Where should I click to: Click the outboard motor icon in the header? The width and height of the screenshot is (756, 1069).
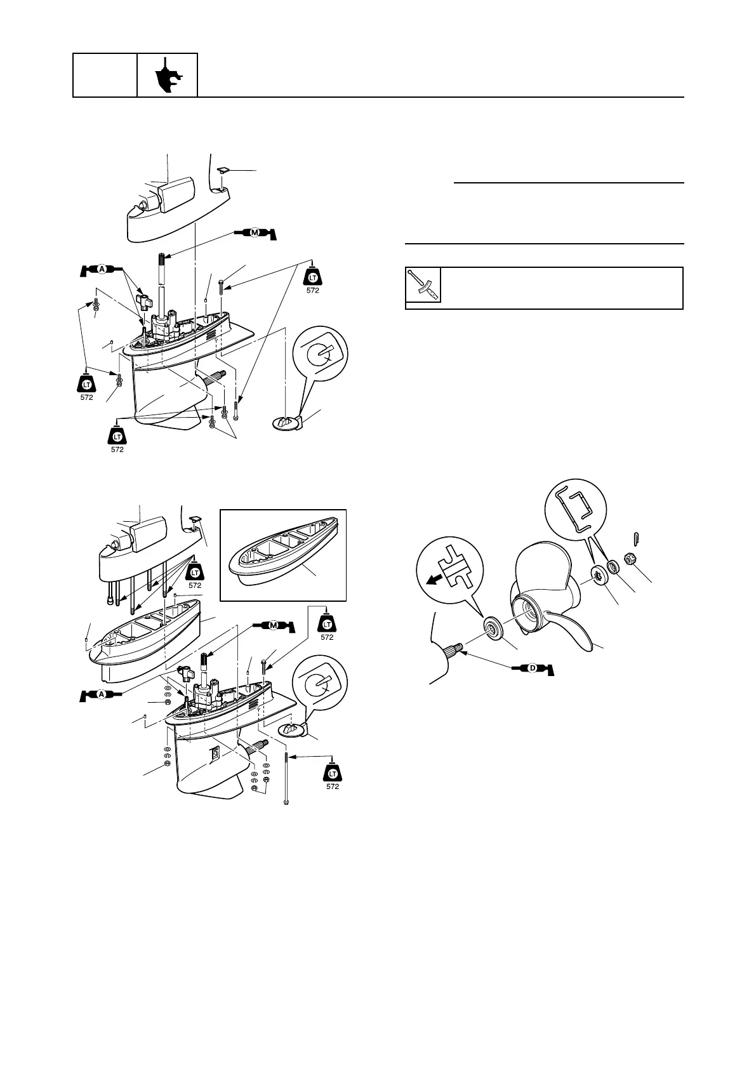168,76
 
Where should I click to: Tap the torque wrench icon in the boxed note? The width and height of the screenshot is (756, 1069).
423,285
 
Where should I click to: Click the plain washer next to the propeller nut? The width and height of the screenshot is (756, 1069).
613,566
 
